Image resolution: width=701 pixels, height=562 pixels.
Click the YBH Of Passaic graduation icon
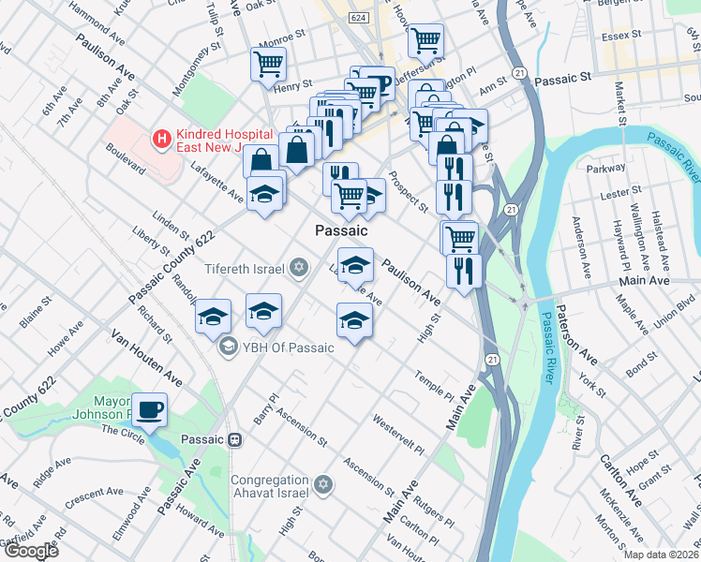point(227,348)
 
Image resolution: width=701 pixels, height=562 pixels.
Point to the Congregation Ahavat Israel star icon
point(323,484)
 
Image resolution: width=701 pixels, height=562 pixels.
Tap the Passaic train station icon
point(236,438)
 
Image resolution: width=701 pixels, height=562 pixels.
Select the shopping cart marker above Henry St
point(268,65)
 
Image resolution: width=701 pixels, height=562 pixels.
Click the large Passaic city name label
point(341,230)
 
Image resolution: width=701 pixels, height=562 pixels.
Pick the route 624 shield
point(356,18)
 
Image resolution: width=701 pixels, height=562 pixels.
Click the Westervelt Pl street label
point(397,434)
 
